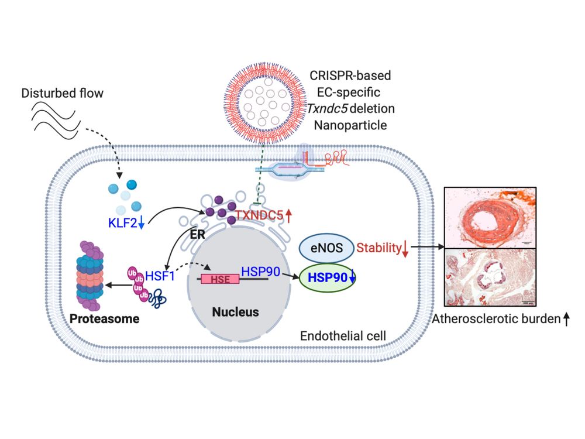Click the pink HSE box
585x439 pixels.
click(219, 279)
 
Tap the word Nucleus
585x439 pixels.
click(235, 312)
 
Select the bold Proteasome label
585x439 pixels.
click(105, 319)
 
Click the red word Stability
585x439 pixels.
click(377, 248)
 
